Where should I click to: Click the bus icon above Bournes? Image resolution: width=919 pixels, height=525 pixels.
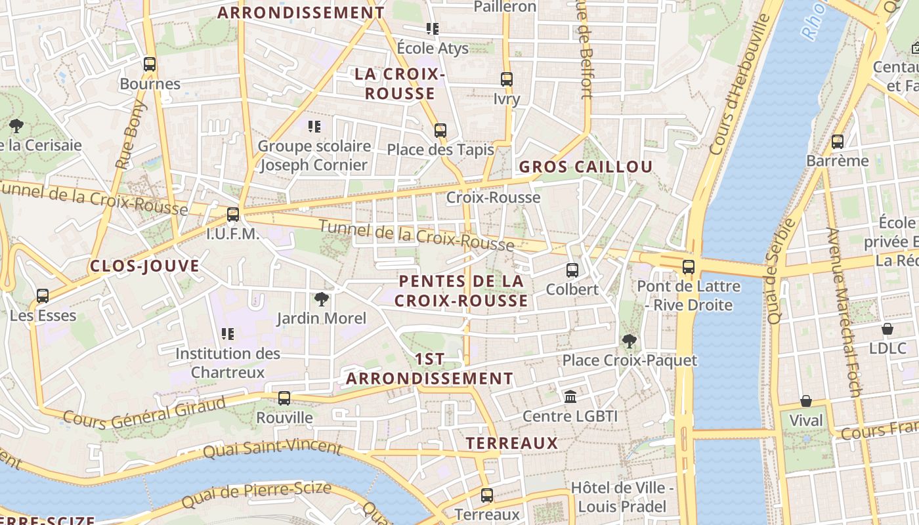(x=150, y=64)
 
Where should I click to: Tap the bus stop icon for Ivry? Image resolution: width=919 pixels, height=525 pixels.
(x=506, y=79)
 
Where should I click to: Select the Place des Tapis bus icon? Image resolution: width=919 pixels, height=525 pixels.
(x=440, y=131)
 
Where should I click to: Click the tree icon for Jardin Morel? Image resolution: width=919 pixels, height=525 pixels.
(x=321, y=300)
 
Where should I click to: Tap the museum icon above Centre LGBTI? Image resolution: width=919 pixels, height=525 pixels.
(x=570, y=397)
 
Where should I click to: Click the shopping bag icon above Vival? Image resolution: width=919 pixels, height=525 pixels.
(x=805, y=401)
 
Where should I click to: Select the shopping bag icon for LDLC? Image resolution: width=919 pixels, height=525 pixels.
(x=887, y=329)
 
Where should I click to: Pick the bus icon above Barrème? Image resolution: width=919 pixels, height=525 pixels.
(x=837, y=141)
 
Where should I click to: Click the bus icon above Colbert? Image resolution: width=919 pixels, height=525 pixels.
(x=572, y=270)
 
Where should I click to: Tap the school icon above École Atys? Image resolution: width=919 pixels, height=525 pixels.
(x=432, y=29)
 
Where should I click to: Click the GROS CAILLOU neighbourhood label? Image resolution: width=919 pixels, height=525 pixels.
(x=586, y=167)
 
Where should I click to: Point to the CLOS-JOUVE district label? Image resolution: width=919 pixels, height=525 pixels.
(x=144, y=266)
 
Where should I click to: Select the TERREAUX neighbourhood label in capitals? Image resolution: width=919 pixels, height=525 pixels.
(x=512, y=443)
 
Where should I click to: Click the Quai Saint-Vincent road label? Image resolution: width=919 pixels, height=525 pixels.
(x=272, y=449)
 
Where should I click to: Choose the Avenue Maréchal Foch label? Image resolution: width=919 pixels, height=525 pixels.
(x=844, y=312)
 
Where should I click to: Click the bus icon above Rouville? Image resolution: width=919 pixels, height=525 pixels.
(x=284, y=398)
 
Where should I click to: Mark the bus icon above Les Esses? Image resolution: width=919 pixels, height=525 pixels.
(x=43, y=296)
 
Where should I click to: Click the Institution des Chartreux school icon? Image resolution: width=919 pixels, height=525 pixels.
(x=228, y=334)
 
